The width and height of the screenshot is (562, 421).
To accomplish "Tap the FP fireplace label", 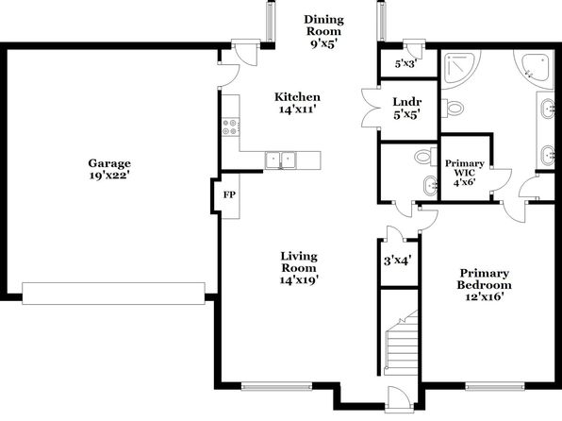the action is [x=229, y=194].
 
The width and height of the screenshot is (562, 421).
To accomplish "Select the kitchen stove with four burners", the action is [x=230, y=126].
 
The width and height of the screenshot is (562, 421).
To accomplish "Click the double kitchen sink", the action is [x=281, y=160].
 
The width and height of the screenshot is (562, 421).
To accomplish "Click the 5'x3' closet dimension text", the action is [x=405, y=64].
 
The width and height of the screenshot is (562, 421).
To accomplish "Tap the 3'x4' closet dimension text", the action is [x=397, y=260].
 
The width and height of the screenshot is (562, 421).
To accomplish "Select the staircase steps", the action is [x=402, y=343].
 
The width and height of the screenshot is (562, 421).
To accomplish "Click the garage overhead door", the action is [x=113, y=294].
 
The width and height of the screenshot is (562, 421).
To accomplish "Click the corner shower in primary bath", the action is [x=459, y=69].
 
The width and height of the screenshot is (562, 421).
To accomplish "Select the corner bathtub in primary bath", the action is [x=534, y=69].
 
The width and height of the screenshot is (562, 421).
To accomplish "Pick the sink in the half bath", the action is [x=430, y=186].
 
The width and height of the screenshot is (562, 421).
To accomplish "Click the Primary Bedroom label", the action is [x=484, y=285].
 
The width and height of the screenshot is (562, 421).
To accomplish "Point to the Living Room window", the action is [x=276, y=386].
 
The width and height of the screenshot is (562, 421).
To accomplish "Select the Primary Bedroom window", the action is [x=495, y=386].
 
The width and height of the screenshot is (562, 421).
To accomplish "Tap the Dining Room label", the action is [x=324, y=31].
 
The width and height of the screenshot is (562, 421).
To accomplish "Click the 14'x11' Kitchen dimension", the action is [x=297, y=109].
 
